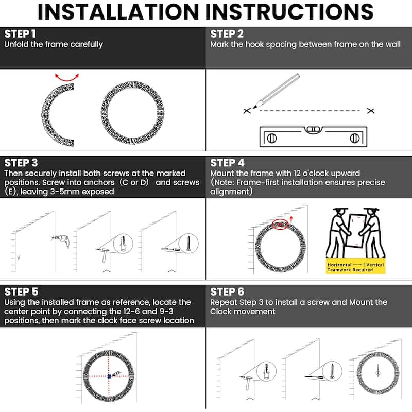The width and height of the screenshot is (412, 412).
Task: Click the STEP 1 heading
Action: (20, 34)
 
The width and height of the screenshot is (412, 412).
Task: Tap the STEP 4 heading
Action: (227, 163)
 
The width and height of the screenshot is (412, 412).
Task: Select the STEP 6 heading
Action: (227, 292)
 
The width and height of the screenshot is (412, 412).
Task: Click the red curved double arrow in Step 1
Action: (67, 78)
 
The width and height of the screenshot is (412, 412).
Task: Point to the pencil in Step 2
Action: (276, 91)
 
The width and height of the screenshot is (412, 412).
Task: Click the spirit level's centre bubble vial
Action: (313, 129)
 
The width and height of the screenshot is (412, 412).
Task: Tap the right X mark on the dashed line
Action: (370, 111)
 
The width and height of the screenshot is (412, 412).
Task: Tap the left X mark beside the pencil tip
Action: (247, 111)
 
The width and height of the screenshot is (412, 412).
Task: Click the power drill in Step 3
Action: (61, 240)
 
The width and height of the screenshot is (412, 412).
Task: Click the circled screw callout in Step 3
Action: (188, 244)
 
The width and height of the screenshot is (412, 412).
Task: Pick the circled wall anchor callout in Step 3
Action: (123, 244)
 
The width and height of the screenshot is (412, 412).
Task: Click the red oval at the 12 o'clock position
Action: (280, 225)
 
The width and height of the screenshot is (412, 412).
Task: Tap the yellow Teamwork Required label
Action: (355, 267)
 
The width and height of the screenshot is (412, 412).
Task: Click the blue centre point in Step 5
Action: (109, 376)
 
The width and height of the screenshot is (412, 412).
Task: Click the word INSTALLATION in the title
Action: (118, 12)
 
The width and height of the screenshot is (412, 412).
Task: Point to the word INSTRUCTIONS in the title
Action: (289, 12)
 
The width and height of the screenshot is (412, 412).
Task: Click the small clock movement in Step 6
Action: (378, 371)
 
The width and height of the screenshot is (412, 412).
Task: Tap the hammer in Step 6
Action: (247, 383)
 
